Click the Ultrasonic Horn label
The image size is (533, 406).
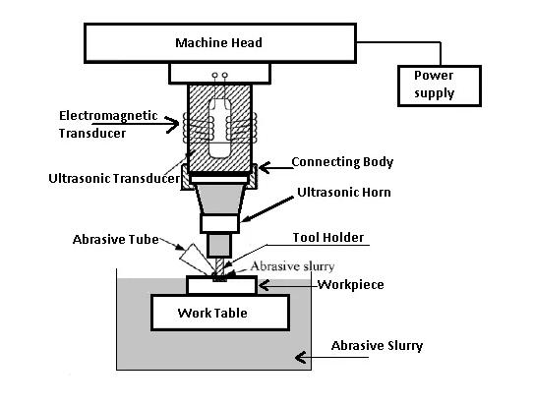click(x=346, y=193)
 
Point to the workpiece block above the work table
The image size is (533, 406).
click(x=221, y=285)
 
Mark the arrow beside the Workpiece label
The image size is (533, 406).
click(x=275, y=284)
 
